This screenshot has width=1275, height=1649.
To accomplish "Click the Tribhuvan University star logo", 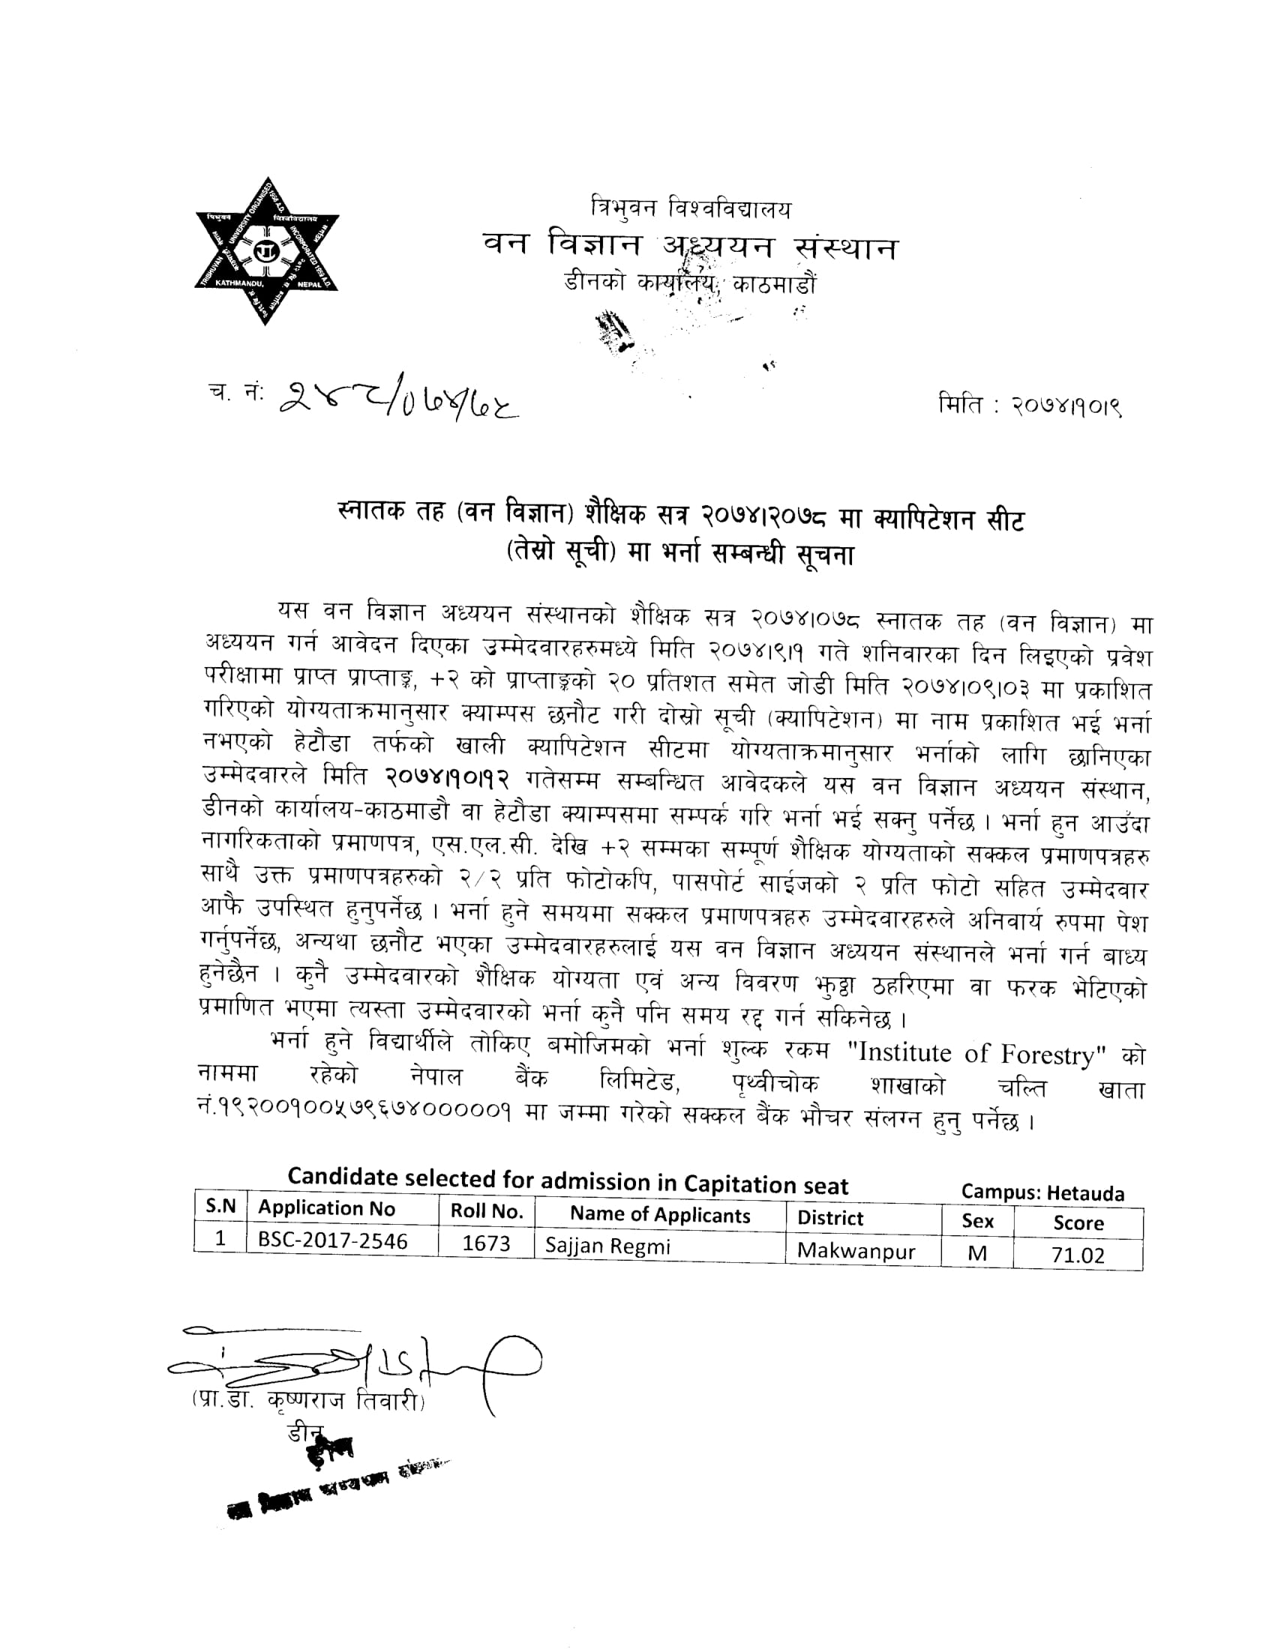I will [x=267, y=251].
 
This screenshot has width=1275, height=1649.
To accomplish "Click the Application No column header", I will [x=326, y=1208].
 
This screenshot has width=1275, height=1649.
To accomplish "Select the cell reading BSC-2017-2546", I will [x=332, y=1240].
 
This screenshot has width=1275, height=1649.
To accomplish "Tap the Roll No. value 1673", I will [x=486, y=1243].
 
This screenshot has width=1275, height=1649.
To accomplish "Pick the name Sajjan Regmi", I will [x=607, y=1246].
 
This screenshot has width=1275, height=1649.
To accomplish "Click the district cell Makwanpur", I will [x=856, y=1251].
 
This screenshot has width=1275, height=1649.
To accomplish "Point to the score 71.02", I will [x=1077, y=1255].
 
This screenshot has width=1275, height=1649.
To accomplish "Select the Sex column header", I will [x=976, y=1221].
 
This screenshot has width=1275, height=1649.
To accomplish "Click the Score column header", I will [x=1078, y=1223].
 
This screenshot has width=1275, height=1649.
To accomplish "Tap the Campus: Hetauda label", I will [x=1042, y=1193].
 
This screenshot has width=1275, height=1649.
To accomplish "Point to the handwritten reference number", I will [x=398, y=401].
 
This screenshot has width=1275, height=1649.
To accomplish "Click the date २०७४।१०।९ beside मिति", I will [x=1066, y=407].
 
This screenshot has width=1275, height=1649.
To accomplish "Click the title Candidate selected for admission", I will [x=567, y=1181].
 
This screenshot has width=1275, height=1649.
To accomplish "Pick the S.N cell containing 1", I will [x=220, y=1238].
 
